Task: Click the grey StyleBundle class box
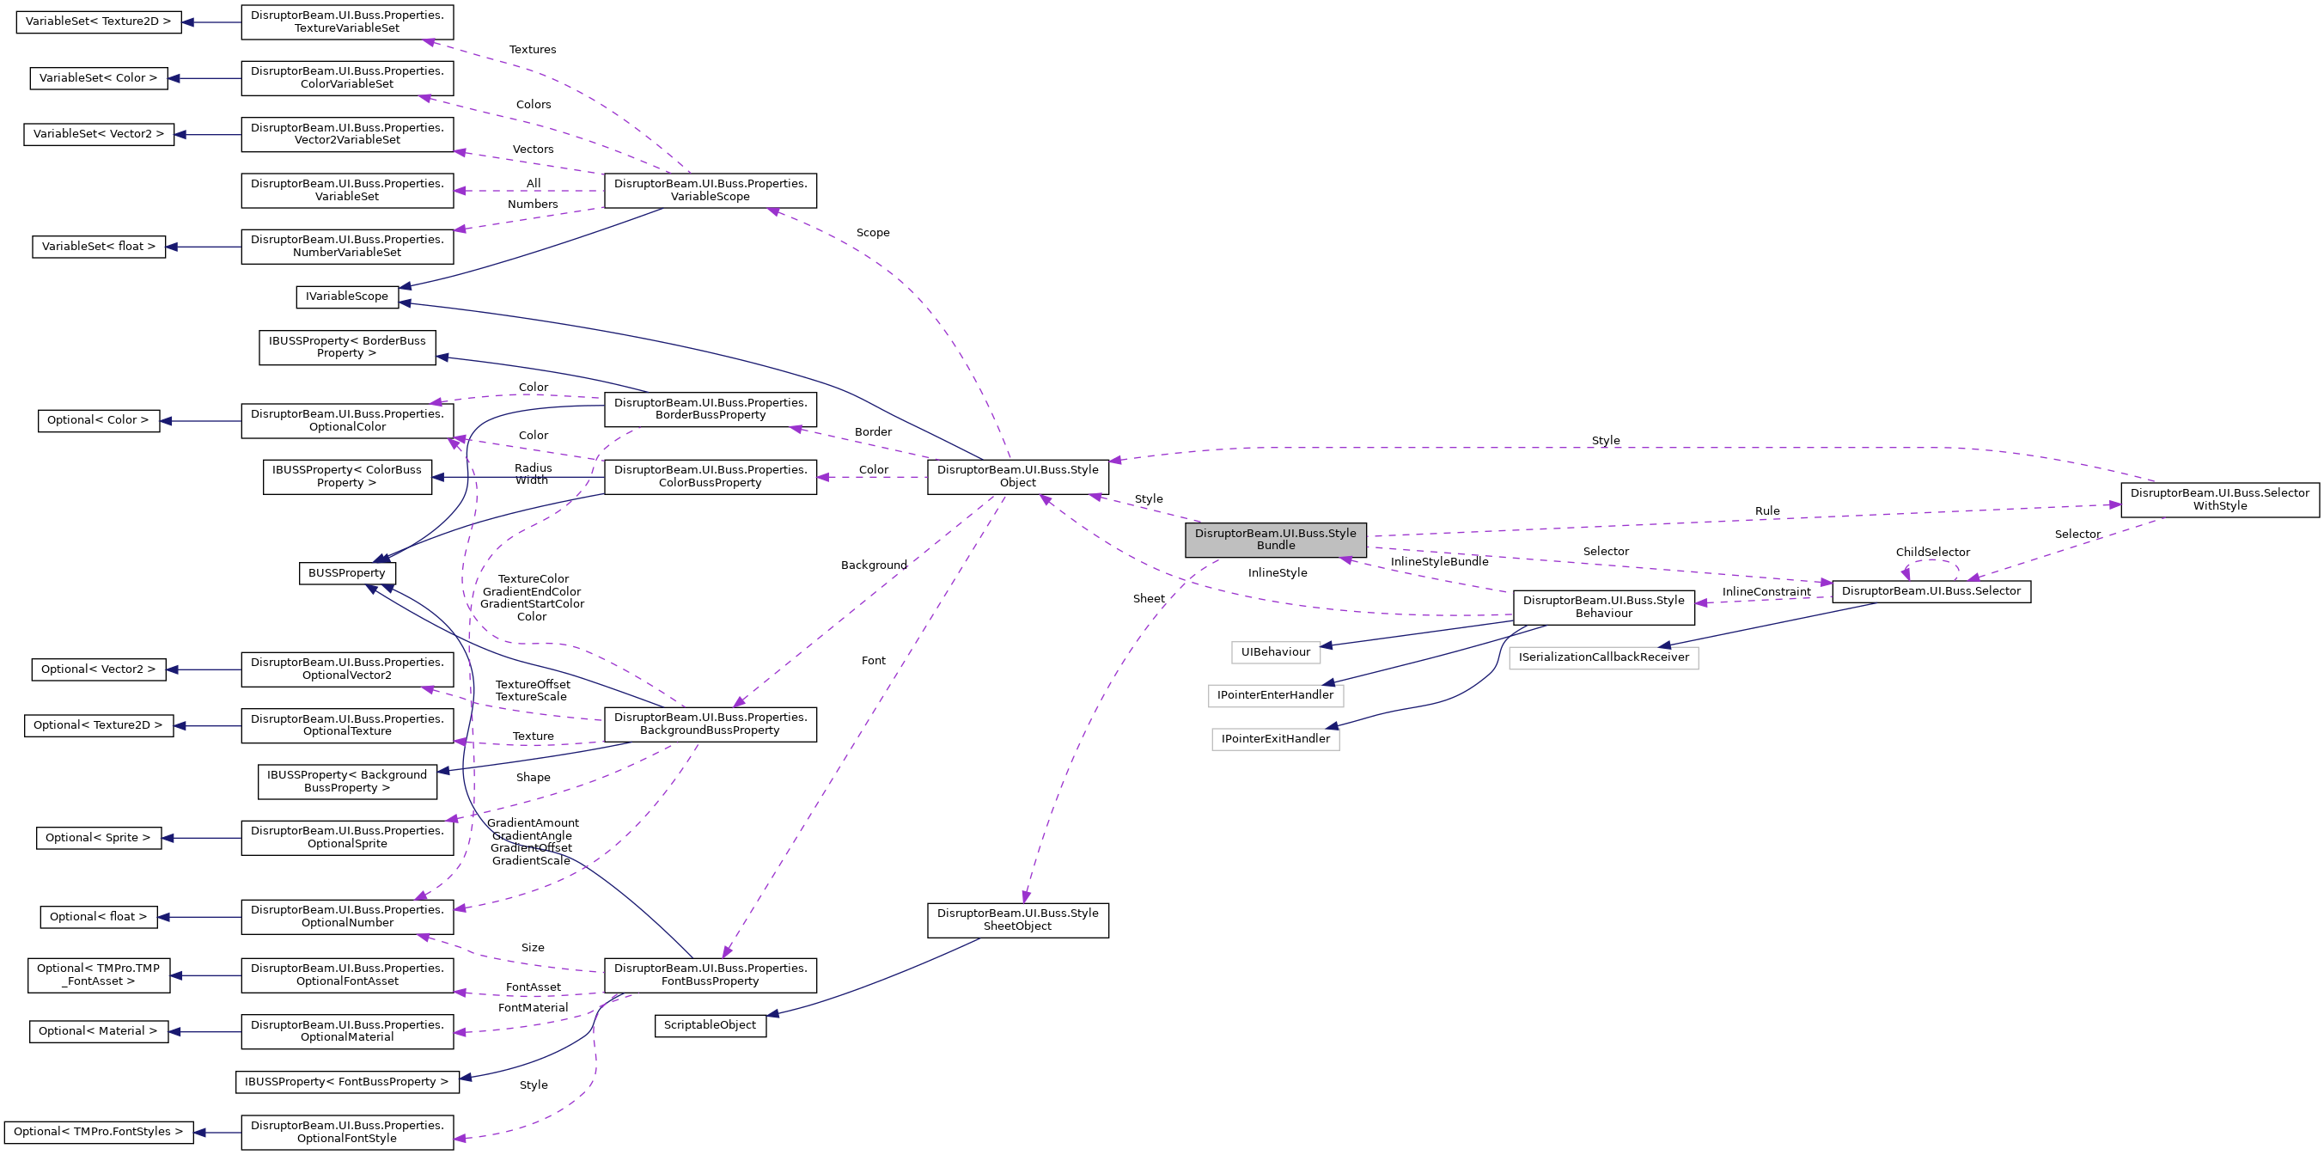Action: (1275, 540)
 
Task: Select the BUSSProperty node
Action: (346, 573)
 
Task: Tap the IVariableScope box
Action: (346, 296)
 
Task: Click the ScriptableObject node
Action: (710, 1025)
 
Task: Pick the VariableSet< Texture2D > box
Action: (98, 21)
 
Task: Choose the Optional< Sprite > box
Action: (98, 837)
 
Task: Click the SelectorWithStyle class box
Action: (2218, 500)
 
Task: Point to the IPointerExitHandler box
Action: (1275, 739)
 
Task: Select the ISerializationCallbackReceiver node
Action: (1603, 657)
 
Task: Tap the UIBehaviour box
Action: (1275, 651)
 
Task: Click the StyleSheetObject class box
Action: (1016, 920)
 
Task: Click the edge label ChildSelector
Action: (1931, 553)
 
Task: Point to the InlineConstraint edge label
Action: (1766, 592)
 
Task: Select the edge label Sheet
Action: (1148, 598)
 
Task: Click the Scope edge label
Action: (872, 233)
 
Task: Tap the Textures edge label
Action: (533, 50)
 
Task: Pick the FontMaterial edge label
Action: (533, 1008)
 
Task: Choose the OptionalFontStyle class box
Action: (346, 1132)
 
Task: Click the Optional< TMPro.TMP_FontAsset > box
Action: (98, 975)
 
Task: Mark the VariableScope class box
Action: (710, 191)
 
